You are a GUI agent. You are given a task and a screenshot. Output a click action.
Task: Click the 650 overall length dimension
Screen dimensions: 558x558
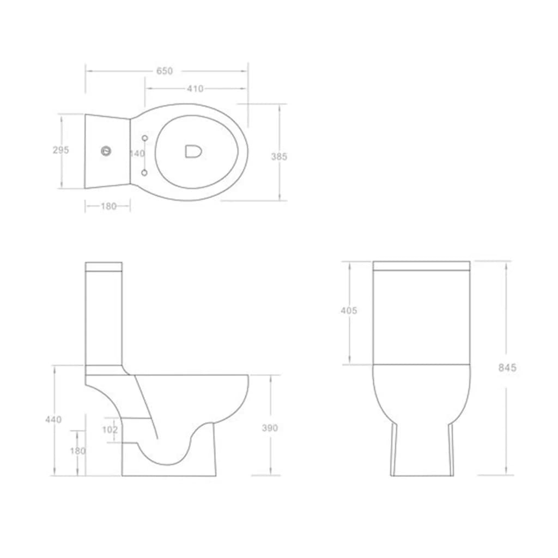[x=164, y=71]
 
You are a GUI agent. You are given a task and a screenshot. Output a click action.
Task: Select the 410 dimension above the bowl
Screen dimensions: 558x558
[x=195, y=88]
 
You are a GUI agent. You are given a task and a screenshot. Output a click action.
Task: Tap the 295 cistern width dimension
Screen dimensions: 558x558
[x=60, y=150]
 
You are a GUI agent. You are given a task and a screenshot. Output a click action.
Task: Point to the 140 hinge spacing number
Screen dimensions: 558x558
[x=137, y=154]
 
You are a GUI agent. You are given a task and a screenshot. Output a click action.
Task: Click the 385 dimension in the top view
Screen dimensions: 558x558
[x=279, y=156]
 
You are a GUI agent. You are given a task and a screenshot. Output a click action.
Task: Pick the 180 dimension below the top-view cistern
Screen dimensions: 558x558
[x=108, y=206]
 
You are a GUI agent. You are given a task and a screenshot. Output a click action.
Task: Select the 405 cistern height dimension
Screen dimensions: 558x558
[x=348, y=311]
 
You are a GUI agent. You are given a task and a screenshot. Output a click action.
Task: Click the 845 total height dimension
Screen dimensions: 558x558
[x=507, y=368]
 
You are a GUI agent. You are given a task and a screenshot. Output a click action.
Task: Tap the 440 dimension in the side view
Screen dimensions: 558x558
[x=53, y=420]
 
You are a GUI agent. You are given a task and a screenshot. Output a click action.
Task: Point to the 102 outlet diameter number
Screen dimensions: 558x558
[x=110, y=429]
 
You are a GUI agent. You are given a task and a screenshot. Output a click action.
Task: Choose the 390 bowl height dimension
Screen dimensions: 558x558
[x=270, y=428]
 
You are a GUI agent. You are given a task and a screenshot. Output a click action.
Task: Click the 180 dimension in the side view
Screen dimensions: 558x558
[x=78, y=451]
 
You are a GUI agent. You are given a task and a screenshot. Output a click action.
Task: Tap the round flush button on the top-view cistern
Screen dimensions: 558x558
[x=106, y=151]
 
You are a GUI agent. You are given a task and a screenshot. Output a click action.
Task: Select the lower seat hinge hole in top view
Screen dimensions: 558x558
[x=144, y=172]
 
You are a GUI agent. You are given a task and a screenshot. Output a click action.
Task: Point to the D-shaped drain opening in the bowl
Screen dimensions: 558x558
[x=193, y=151]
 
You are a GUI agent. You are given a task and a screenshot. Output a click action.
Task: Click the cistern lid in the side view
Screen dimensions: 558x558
[x=104, y=268]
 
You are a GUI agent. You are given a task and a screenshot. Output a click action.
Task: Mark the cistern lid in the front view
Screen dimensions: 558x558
[x=421, y=266]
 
